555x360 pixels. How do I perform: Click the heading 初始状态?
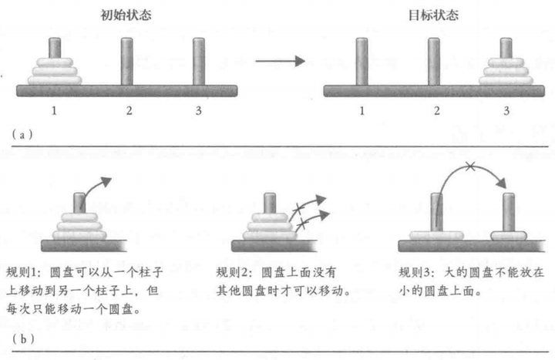tap(126, 15)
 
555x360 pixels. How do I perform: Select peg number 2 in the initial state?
tap(129, 62)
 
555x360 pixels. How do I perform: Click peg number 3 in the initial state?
tap(199, 62)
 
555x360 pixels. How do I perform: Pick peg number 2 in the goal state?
tap(435, 62)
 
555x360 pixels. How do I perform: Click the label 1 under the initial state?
tap(55, 111)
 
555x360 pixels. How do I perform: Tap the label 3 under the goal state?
tap(506, 111)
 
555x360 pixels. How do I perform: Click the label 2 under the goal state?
tap(436, 111)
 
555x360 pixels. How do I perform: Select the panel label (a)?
tap(21, 133)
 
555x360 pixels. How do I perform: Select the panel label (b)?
tap(21, 337)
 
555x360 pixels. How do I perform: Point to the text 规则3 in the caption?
tap(417, 272)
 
